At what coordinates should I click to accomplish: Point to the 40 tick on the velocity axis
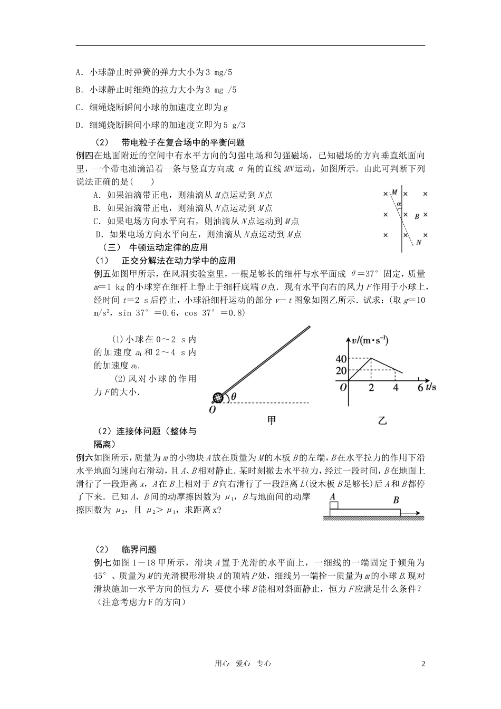click(341, 359)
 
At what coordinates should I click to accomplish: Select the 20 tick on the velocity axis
click(341, 371)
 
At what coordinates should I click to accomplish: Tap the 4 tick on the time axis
click(396, 387)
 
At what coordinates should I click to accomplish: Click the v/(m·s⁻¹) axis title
click(370, 341)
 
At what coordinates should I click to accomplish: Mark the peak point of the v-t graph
click(371, 358)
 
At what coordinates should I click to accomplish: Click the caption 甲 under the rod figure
click(272, 420)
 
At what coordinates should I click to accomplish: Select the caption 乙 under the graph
click(382, 420)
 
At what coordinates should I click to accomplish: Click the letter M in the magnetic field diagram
click(394, 193)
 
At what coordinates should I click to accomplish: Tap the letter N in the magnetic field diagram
click(419, 243)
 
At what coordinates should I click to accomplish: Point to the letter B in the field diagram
click(417, 216)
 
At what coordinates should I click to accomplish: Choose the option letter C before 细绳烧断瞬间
click(78, 107)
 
